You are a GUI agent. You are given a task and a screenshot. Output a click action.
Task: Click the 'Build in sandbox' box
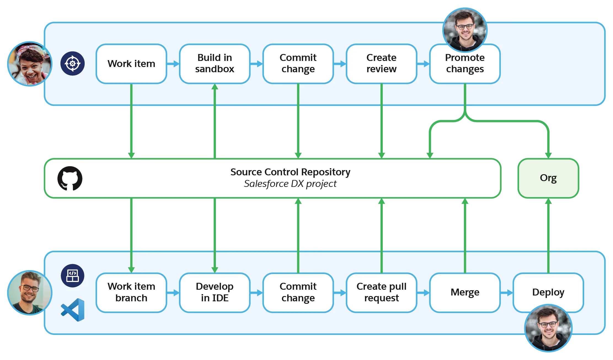pyautogui.click(x=215, y=64)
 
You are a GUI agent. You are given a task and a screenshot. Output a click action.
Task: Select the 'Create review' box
pyautogui.click(x=381, y=64)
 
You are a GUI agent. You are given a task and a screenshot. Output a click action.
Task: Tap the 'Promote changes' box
pyautogui.click(x=465, y=66)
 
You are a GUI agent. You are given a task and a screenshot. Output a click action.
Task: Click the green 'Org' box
pyautogui.click(x=548, y=178)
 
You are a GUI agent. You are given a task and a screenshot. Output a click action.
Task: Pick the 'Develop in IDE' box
pyautogui.click(x=215, y=292)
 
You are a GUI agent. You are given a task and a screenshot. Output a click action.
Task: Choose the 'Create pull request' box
pyautogui.click(x=381, y=292)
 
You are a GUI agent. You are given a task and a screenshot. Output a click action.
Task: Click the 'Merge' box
pyautogui.click(x=465, y=292)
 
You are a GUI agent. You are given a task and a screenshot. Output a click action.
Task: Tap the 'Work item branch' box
pyautogui.click(x=131, y=292)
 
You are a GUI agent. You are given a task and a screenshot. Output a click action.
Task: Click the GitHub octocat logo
pyautogui.click(x=70, y=178)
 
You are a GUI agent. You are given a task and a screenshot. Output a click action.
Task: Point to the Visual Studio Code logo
pyautogui.click(x=73, y=310)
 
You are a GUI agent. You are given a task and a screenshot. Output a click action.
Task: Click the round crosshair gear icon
pyautogui.click(x=73, y=63)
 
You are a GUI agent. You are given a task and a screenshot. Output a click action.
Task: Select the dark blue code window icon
pyautogui.click(x=73, y=276)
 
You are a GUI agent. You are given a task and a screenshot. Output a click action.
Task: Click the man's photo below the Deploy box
pyautogui.click(x=548, y=328)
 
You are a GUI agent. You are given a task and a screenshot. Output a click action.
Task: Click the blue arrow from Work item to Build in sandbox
pyautogui.click(x=173, y=64)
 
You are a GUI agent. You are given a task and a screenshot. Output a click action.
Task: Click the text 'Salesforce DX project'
pyautogui.click(x=290, y=184)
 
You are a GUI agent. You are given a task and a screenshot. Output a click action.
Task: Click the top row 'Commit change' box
pyautogui.click(x=298, y=64)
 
